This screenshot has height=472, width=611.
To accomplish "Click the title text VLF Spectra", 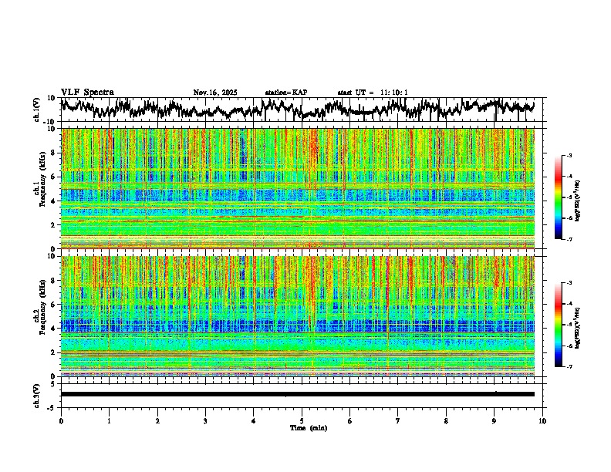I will click(87, 92).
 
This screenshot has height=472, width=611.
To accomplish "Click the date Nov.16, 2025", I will click(215, 93).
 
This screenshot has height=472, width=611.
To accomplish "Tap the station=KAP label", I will click(286, 93).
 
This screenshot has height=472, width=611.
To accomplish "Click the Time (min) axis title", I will click(308, 427).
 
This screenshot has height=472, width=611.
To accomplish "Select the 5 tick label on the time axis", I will click(302, 421).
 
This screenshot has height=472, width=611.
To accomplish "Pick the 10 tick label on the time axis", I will click(542, 421).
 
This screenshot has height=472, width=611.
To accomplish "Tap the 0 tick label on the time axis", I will click(61, 421).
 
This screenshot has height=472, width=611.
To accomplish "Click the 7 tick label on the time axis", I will click(398, 421).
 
